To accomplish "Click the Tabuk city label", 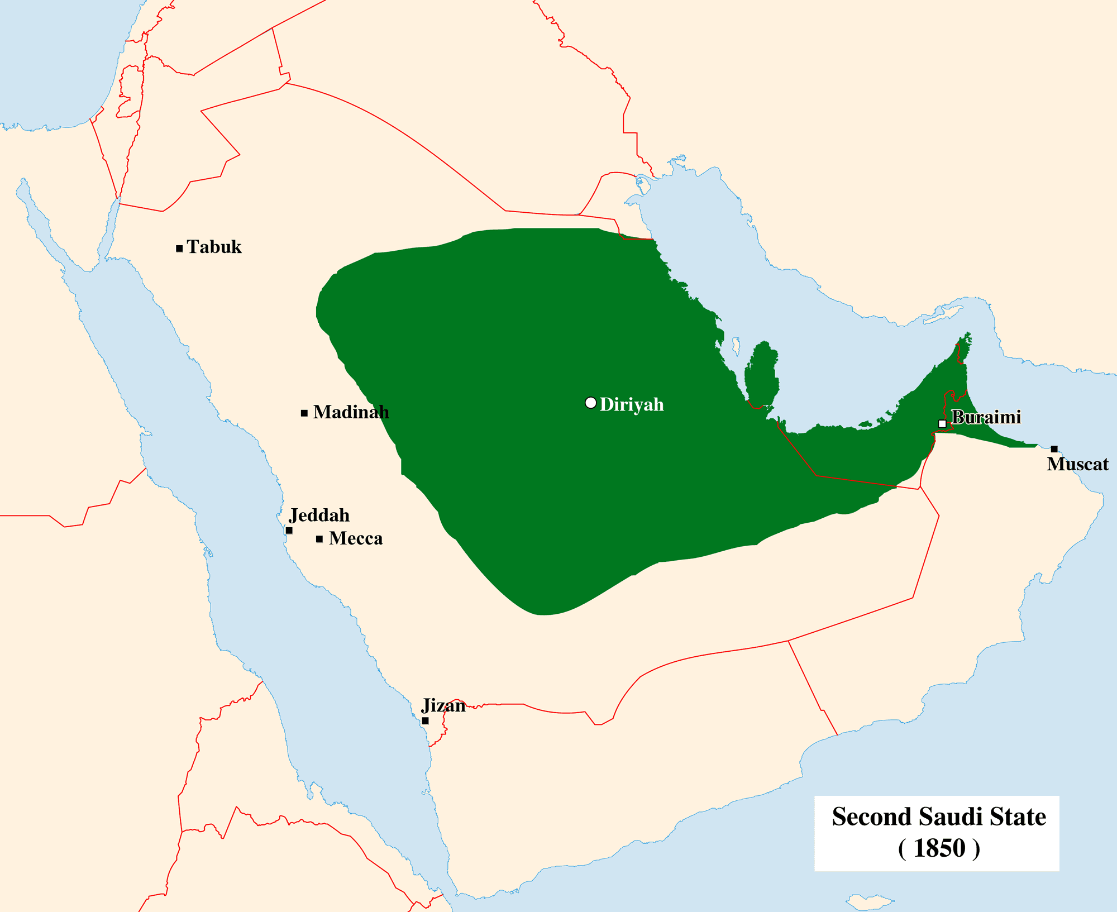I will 214,247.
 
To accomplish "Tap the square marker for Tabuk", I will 179,249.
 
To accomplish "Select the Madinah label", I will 351,412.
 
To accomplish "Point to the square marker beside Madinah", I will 304,413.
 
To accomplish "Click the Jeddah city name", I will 319,515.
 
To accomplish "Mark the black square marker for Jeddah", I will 289,531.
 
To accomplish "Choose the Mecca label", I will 356,538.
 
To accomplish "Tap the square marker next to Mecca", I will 319,539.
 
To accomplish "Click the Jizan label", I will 443,705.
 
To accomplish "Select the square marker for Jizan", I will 425,721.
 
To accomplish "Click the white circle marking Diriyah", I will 590,403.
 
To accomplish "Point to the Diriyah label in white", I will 632,404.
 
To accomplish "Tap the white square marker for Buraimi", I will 942,424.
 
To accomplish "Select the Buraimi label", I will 986,417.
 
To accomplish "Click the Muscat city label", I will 1077,464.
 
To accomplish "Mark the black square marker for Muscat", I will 1054,449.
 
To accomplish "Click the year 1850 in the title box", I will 939,848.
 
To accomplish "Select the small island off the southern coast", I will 869,900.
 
